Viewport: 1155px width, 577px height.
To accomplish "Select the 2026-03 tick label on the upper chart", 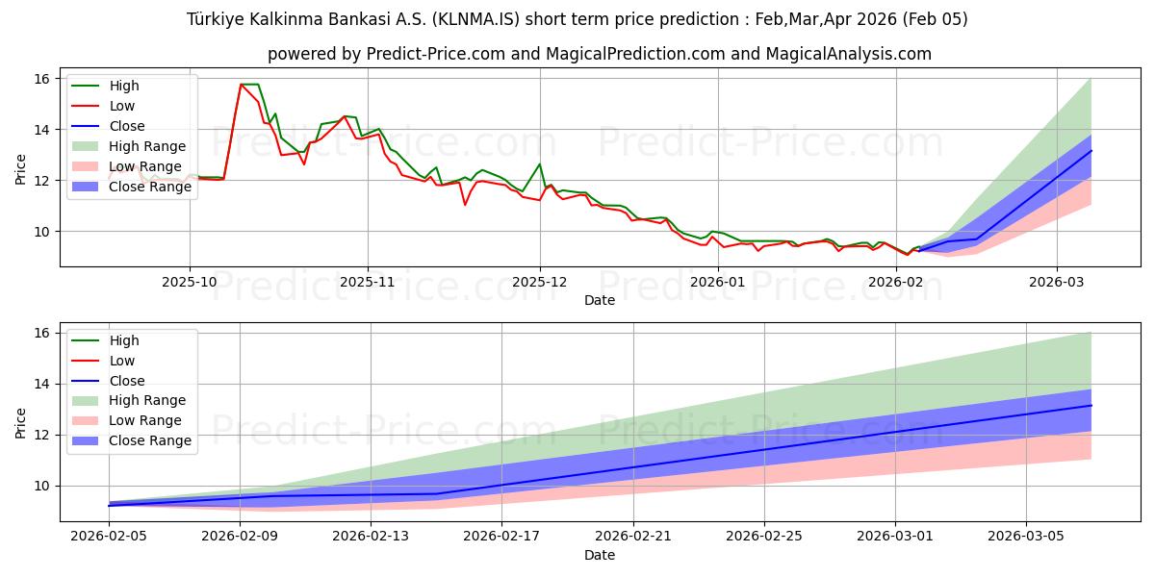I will coord(1057,282).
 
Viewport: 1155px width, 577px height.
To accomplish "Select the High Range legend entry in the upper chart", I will coord(146,146).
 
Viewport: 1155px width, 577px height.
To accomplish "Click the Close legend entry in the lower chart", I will coord(127,381).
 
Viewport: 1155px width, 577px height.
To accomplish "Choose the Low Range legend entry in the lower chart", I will coord(144,420).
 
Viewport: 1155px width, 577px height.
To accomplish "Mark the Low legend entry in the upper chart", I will coord(122,106).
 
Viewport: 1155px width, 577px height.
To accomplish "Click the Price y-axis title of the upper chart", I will coord(20,167).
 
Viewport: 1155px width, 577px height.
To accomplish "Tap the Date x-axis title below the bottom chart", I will coord(600,555).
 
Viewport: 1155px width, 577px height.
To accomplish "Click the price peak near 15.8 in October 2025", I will coord(242,85).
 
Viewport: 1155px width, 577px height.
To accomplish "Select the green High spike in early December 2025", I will coord(540,163).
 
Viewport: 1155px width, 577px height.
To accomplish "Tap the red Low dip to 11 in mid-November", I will coord(465,204).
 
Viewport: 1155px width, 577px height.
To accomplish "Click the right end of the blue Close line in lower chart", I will coord(1091,405).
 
